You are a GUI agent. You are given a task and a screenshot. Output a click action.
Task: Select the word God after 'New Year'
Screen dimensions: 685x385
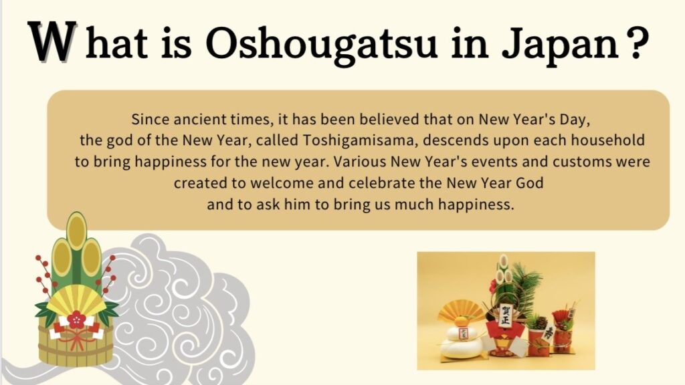click(x=530, y=182)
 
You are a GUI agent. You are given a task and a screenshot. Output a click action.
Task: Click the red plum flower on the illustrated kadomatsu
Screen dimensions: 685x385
click(x=76, y=320)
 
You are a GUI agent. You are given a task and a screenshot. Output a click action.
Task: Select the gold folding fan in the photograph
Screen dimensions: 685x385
click(x=458, y=311)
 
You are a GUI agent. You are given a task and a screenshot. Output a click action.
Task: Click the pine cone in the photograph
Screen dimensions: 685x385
click(x=541, y=323)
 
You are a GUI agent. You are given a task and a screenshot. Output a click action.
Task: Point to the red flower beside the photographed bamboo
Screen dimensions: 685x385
click(x=494, y=286)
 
